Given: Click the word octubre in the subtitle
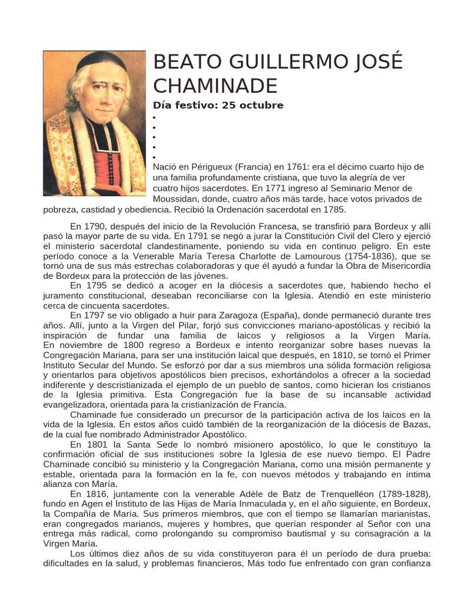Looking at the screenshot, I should pos(261,105).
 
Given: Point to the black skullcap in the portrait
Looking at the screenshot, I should pos(94,61).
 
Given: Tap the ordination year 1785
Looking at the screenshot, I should pos(334,209).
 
